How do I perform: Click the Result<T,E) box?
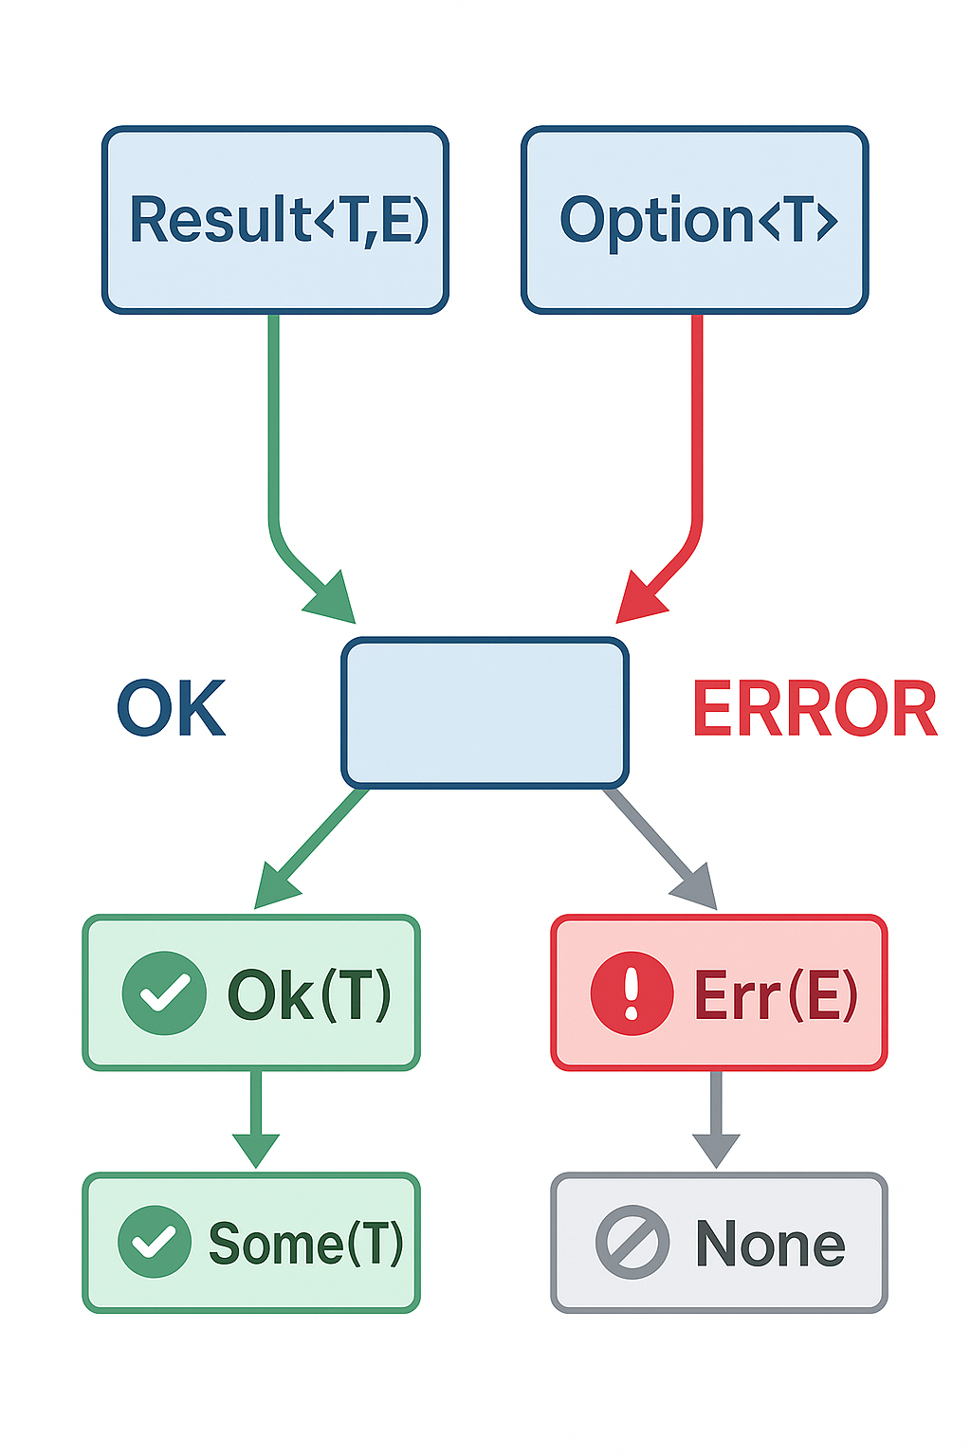pos(275,220)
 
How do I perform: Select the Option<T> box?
pos(695,220)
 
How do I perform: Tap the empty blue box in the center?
pos(485,713)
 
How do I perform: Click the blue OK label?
pos(171,709)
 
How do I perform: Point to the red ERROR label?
pos(815,709)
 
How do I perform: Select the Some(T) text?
pos(305,1243)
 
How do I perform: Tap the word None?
pos(770,1243)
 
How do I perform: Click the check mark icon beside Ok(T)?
pos(164,992)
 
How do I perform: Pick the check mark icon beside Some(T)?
pos(155,1242)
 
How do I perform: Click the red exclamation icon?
pos(632,992)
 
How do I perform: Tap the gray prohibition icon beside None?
pos(632,1242)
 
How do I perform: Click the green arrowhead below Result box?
pos(332,600)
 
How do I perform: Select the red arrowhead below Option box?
pos(638,600)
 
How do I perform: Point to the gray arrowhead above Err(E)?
pos(696,887)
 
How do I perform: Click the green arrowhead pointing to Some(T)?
pos(255,1148)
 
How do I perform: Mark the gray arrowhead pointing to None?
pos(716,1148)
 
